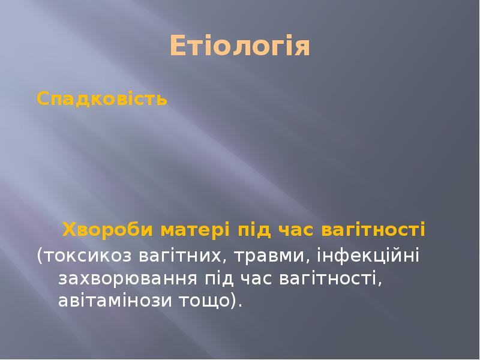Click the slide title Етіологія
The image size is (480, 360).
(x=239, y=46)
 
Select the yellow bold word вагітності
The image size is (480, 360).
(x=374, y=229)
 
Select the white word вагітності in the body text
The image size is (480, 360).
(x=331, y=278)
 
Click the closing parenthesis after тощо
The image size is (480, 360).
(x=235, y=301)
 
